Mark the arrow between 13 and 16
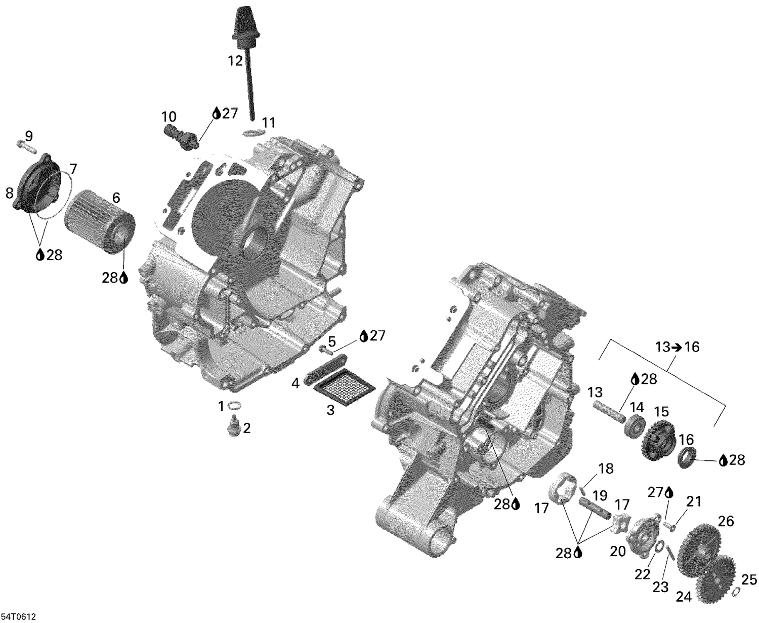coord(676,347)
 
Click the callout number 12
coord(235,61)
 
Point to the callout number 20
coord(617,551)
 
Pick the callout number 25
coord(749,579)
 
